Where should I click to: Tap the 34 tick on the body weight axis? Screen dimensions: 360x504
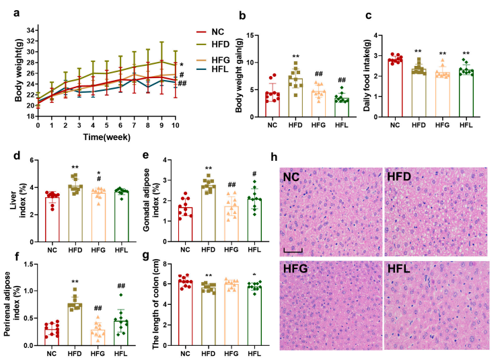coord(31,30)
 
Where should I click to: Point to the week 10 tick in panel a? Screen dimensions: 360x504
coord(176,125)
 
